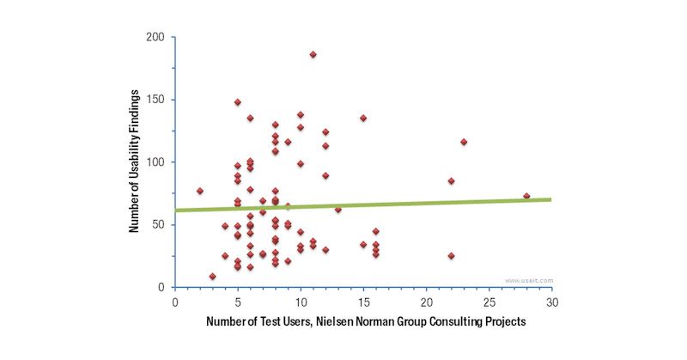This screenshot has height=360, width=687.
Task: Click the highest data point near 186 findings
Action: [x=313, y=55]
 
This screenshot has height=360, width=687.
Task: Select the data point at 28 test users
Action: [x=526, y=196]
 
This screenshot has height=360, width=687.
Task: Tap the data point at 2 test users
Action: [x=200, y=191]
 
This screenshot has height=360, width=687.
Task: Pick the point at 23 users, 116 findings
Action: [x=464, y=142]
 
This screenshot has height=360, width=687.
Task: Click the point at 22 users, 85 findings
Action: [x=451, y=181]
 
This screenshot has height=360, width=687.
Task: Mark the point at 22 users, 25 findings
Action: [x=451, y=256]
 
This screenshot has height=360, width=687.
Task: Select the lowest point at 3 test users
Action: [x=212, y=277]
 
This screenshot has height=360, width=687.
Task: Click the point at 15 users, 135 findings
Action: [x=363, y=118]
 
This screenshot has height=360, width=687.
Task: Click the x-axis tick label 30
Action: [x=552, y=302]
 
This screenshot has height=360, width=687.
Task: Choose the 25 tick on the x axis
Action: [x=489, y=302]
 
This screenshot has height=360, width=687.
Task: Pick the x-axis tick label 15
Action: [x=363, y=302]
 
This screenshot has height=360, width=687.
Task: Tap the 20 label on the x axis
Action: [x=426, y=302]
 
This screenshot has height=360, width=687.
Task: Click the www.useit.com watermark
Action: [x=529, y=280]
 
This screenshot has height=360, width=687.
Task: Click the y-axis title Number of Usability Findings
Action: [x=134, y=162]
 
